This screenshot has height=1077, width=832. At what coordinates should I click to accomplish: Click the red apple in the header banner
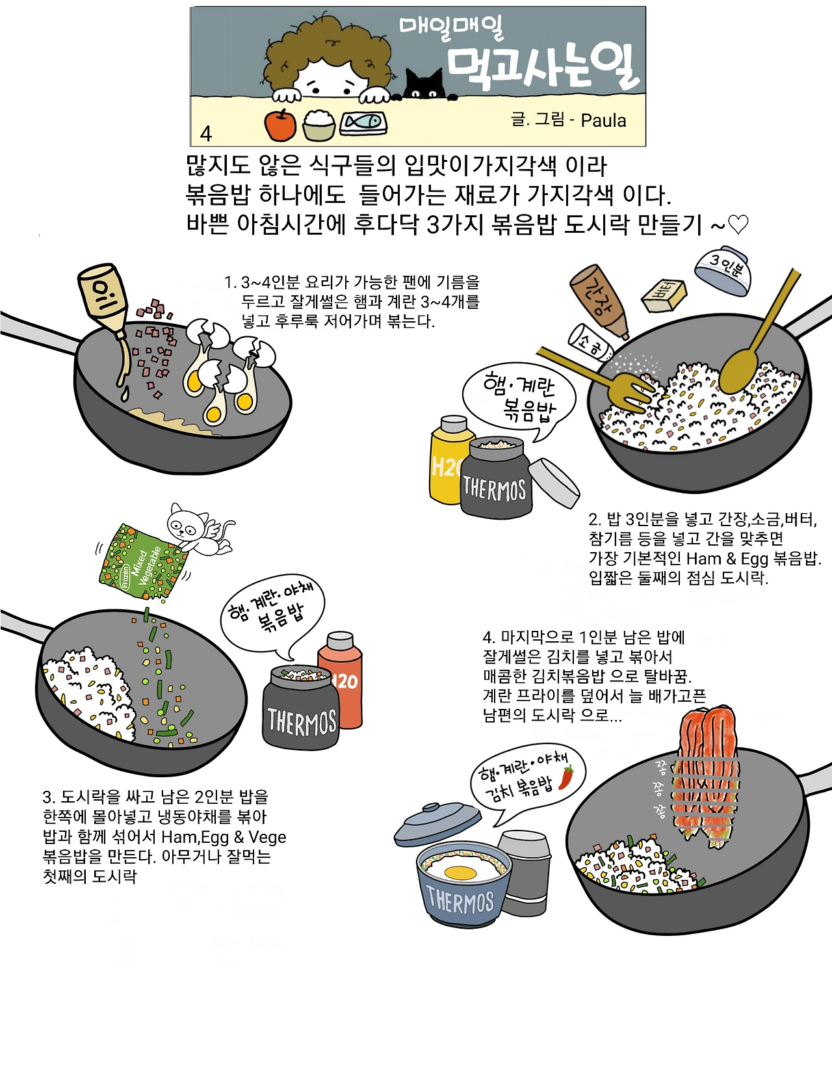pyautogui.click(x=280, y=126)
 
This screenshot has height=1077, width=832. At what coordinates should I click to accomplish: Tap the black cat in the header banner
pyautogui.click(x=425, y=85)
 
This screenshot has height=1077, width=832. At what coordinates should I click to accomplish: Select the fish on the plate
pyautogui.click(x=363, y=122)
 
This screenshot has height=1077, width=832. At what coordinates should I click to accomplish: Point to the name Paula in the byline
pyautogui.click(x=603, y=120)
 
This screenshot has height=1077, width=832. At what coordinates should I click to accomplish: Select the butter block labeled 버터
pyautogui.click(x=664, y=297)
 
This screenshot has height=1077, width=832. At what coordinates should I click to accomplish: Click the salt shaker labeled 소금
pyautogui.click(x=590, y=343)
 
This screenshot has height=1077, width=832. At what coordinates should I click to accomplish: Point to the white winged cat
pyautogui.click(x=198, y=529)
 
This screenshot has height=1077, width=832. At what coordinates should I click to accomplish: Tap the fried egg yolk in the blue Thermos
pyautogui.click(x=461, y=871)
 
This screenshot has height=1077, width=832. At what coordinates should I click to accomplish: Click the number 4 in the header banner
pyautogui.click(x=206, y=133)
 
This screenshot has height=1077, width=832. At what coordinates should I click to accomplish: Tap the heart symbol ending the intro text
pyautogui.click(x=738, y=224)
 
